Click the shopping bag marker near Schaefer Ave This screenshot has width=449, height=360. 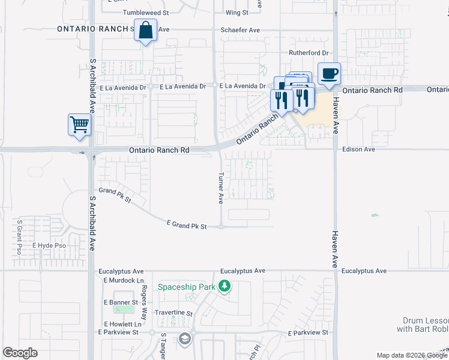click(x=146, y=30)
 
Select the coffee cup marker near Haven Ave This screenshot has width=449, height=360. click(x=329, y=74)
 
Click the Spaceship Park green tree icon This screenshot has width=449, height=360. click(x=224, y=286)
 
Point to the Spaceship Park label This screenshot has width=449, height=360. click(x=186, y=287)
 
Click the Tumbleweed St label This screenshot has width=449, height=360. click(x=146, y=12)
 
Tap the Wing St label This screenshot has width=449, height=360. click(x=237, y=12)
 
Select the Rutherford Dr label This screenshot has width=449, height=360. click(x=309, y=53)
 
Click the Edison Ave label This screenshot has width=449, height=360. click(x=358, y=149)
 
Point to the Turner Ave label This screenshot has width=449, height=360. click(x=221, y=188)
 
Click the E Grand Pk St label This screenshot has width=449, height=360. click(x=186, y=226)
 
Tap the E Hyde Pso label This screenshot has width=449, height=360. click(x=49, y=245)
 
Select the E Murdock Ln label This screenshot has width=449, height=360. click(x=124, y=280)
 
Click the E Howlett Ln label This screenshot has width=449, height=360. click(x=121, y=324)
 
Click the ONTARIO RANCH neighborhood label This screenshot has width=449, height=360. click(x=94, y=29)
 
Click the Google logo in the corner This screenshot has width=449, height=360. click(x=20, y=353)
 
